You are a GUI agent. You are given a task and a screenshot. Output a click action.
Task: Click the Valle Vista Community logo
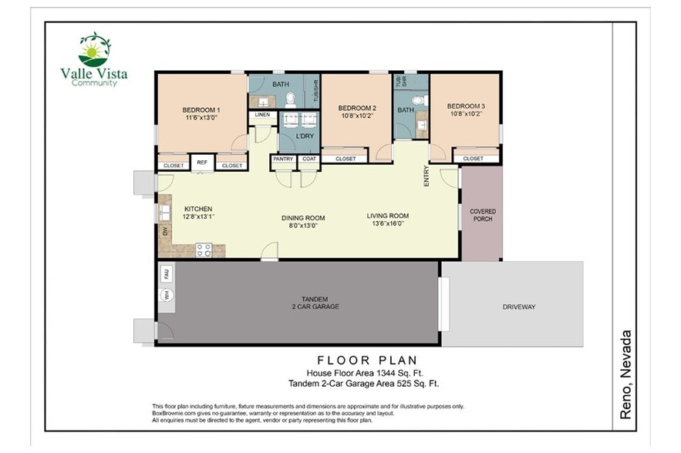[x=94, y=59]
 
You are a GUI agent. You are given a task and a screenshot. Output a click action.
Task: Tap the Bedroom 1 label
[x=201, y=109]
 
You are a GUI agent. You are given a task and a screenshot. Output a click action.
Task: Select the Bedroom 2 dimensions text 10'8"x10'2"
[x=357, y=116]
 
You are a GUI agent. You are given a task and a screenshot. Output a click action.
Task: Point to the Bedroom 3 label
[x=466, y=106]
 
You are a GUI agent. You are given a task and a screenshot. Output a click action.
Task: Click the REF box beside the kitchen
[x=202, y=163]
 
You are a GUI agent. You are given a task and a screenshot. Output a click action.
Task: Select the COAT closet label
[x=308, y=159]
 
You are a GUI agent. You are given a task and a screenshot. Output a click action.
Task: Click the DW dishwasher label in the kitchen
[x=164, y=230]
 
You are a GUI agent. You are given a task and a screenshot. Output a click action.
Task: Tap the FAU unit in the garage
[x=166, y=273]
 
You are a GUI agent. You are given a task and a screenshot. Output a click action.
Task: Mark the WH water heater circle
[x=166, y=295]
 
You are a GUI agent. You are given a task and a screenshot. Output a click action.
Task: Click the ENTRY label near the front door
[x=426, y=176]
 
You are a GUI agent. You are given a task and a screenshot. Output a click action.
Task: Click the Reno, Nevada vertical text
[x=626, y=374]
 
